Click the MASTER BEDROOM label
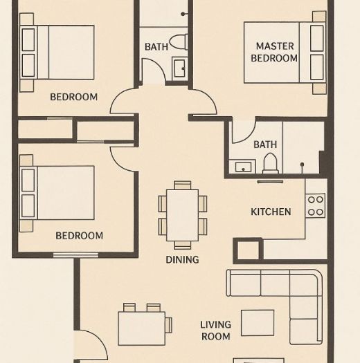point(274,52)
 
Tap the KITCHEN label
point(271,212)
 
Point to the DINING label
point(182,259)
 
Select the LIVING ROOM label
point(215,331)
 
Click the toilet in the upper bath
point(179,41)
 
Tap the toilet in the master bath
point(270,163)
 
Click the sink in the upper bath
point(179,68)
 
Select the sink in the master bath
point(243,166)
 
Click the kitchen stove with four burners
point(316,205)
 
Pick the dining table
point(183,215)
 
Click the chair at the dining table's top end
point(183,185)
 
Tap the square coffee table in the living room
point(258,323)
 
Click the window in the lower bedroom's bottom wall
point(75,255)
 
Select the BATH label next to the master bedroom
point(265,145)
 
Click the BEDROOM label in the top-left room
point(73,97)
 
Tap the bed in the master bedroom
point(285,53)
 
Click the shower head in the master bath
point(302,165)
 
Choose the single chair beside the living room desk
point(168,325)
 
